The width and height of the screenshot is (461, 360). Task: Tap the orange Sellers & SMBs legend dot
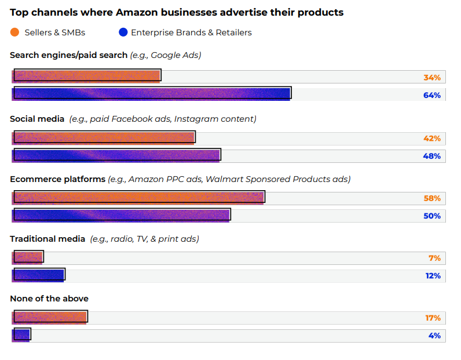[14, 32]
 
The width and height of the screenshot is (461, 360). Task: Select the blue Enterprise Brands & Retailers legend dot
[123, 32]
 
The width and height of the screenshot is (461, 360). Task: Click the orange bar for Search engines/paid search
[87, 75]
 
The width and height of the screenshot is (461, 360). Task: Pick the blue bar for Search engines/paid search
[152, 93]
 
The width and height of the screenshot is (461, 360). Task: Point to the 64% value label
[432, 95]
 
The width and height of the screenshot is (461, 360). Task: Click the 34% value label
[432, 78]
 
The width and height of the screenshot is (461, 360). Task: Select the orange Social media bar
[104, 137]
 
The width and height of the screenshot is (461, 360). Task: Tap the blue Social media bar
[116, 155]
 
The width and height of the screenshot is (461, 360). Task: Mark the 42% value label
[432, 139]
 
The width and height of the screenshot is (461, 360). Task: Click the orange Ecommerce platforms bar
[139, 197]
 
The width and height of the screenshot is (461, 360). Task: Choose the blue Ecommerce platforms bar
[122, 214]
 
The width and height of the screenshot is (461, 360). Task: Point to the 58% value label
[432, 198]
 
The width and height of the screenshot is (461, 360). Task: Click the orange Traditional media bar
[28, 257]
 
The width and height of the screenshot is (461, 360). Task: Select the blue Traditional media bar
[39, 275]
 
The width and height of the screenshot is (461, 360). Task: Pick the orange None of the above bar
[50, 317]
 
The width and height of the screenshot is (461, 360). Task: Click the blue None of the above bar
[21, 334]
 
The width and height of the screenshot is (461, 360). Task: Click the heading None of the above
[49, 299]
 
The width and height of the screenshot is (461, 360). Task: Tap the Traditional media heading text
[47, 239]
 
